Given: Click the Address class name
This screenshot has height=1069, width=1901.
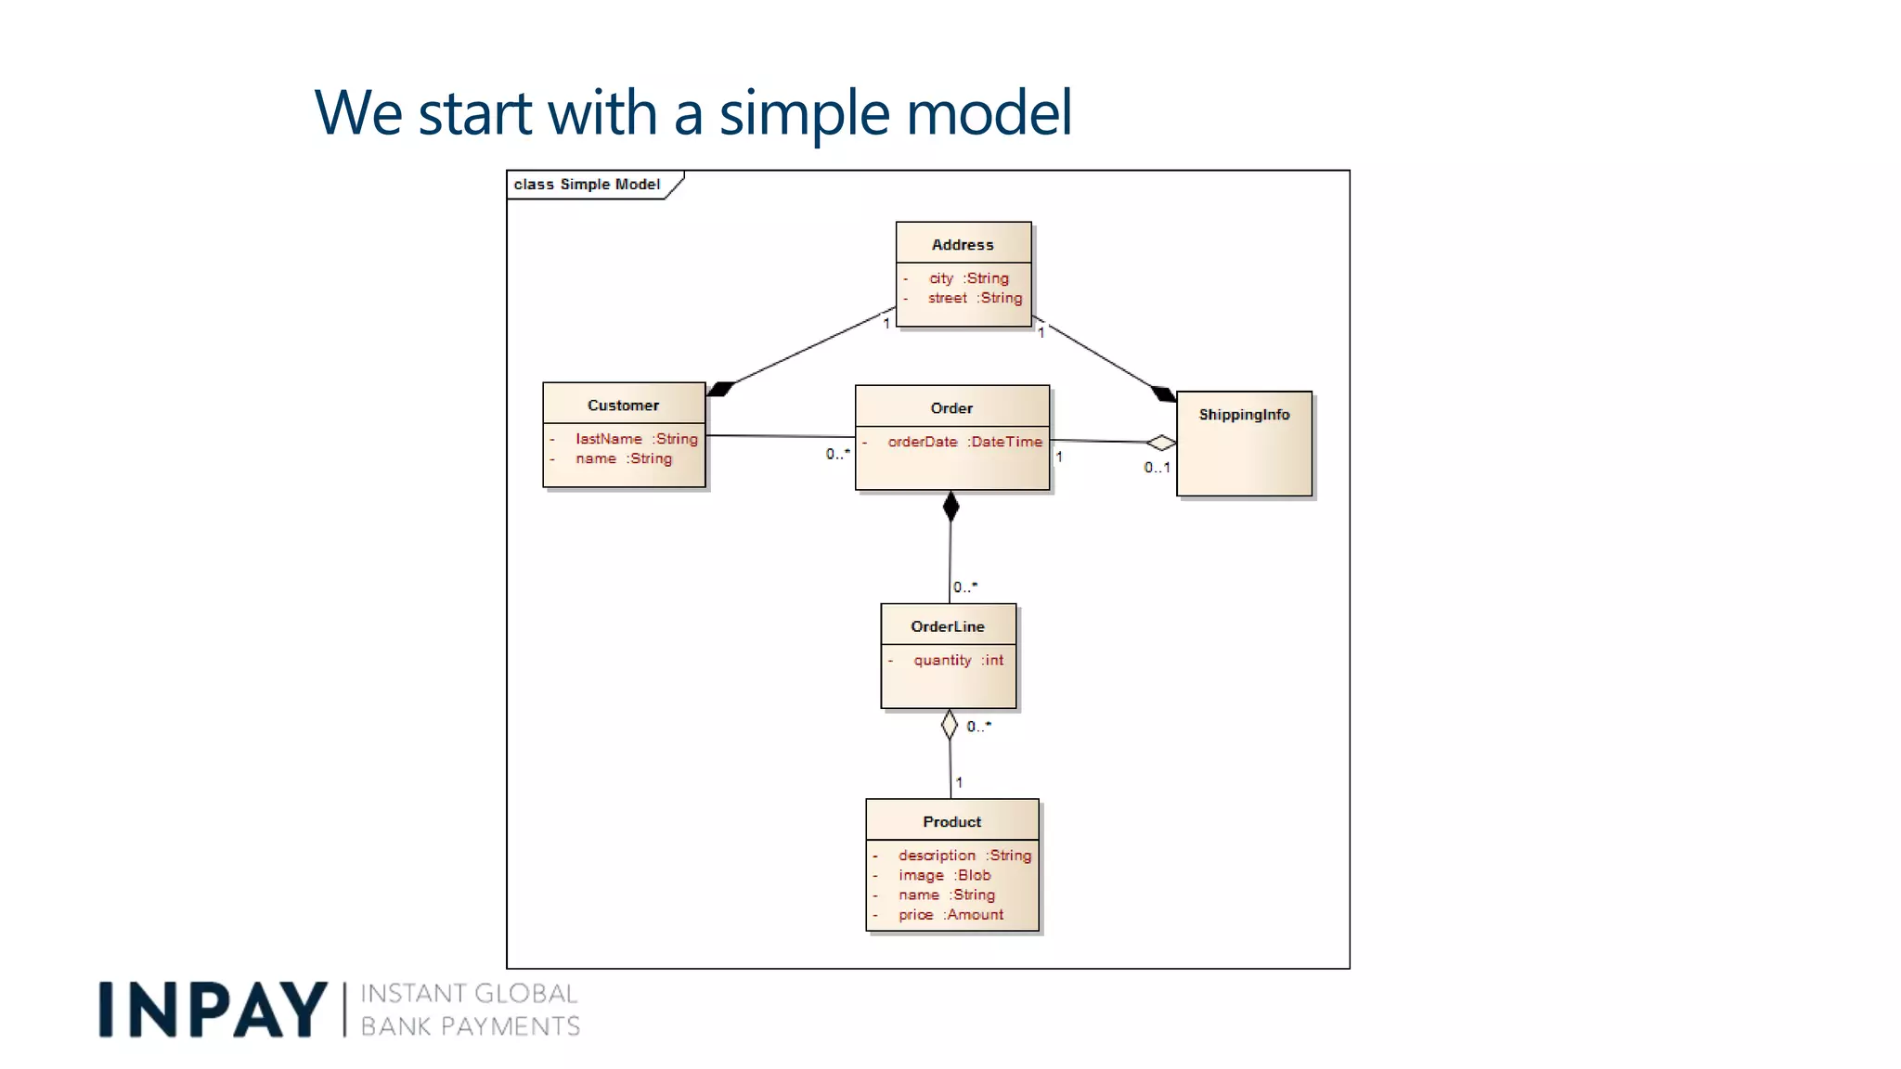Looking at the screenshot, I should coord(963,245).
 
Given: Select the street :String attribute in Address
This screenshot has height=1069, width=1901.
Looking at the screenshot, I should coord(975,298).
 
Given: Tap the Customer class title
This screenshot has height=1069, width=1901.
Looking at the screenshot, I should coord(623,406).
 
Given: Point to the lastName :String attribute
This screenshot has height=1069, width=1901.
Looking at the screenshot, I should coord(636,439).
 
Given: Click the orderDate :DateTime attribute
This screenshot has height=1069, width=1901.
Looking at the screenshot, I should coord(964,442).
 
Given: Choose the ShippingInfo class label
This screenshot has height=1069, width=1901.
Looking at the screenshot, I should coord(1244,415).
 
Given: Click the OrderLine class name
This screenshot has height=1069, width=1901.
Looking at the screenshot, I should coord(948,626).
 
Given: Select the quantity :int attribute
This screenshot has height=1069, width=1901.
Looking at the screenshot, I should coord(958,660).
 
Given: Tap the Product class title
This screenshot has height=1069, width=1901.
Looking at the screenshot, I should coord(951,822).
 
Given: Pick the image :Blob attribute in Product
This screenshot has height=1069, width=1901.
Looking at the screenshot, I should coord(944,875).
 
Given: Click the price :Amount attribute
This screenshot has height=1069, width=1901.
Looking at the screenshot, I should coord(950,915).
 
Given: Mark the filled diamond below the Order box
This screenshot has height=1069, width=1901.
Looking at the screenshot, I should coord(950,507).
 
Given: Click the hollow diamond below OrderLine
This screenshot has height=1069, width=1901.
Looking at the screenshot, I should coord(949,725).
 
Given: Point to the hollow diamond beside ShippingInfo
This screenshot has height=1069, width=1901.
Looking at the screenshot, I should coord(1160,443).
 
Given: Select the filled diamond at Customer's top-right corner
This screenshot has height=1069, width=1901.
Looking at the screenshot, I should coord(721,389).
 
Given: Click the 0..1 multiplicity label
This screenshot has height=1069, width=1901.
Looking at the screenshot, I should coord(1157,468).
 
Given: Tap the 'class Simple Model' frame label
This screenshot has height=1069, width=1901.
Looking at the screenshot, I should coord(587,185).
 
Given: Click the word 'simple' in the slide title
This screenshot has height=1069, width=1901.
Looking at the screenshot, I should coord(805,113).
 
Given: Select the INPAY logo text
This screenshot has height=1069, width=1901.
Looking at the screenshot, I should coord(213,1010).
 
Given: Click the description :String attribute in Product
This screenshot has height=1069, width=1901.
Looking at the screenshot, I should coord(964,856).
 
